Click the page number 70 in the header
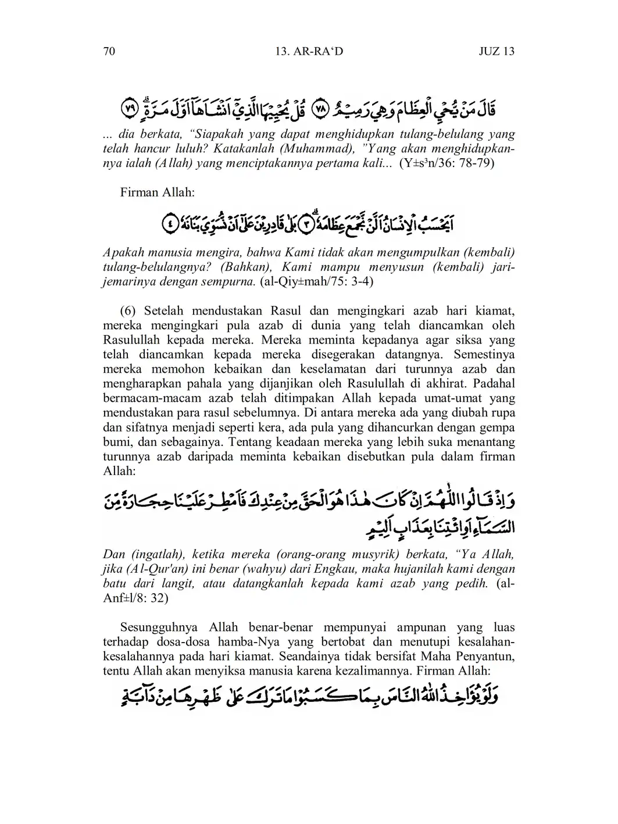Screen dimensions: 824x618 pyautogui.click(x=109, y=51)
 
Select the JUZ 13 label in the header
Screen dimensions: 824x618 pyautogui.click(x=496, y=51)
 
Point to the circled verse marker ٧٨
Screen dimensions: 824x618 pyautogui.click(x=320, y=109)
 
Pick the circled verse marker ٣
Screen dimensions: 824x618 pyautogui.click(x=303, y=224)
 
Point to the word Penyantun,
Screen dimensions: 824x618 pyautogui.click(x=482, y=657)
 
